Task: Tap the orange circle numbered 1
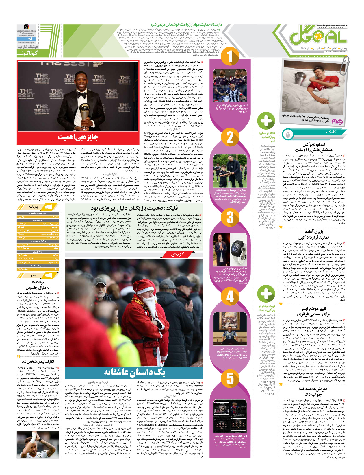(x=230, y=57)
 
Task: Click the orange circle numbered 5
(x=230, y=378)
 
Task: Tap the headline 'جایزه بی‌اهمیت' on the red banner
(x=78, y=137)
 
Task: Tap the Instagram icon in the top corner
(x=27, y=27)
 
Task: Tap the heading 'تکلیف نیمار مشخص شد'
(x=38, y=362)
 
